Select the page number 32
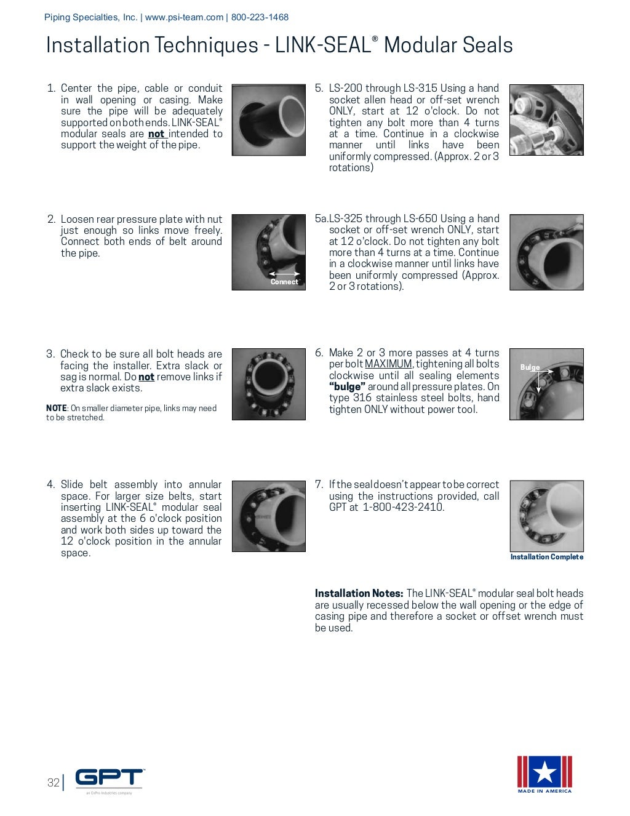54,782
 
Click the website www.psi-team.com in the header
184,17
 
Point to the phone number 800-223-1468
260,17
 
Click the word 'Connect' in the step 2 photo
284,282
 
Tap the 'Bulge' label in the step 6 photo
530,367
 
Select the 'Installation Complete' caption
546,557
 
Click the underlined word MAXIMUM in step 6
388,364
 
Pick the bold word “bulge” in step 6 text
347,387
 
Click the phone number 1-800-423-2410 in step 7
403,508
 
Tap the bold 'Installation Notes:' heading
359,594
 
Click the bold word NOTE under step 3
56,409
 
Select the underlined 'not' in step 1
156,134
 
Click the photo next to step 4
268,516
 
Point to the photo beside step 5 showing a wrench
546,120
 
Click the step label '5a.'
321,219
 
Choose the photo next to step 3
268,385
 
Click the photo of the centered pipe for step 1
268,120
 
